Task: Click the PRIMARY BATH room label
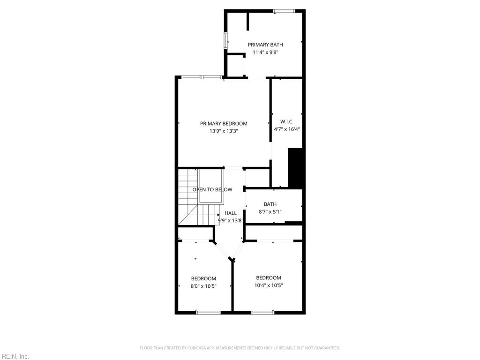(x=265, y=45)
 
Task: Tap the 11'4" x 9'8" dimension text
(x=265, y=52)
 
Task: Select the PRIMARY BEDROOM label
(x=224, y=124)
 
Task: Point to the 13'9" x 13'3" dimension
(x=224, y=131)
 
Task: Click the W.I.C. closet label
(x=287, y=122)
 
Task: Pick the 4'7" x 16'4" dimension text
(x=287, y=129)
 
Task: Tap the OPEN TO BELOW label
(x=212, y=190)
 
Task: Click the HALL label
(x=231, y=213)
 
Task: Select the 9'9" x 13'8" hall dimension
(x=231, y=220)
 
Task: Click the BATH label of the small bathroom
(x=270, y=204)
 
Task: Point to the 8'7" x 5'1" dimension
(x=270, y=212)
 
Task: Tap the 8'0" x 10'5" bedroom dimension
(x=203, y=286)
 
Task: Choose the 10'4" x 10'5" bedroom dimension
(x=269, y=285)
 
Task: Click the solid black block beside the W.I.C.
(x=295, y=168)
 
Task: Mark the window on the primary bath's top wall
(x=284, y=11)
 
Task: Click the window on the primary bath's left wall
(x=226, y=40)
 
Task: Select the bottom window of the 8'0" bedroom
(x=208, y=313)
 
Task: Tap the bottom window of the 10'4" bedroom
(x=262, y=313)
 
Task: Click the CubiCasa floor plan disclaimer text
(x=240, y=348)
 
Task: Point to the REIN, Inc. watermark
(x=15, y=356)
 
